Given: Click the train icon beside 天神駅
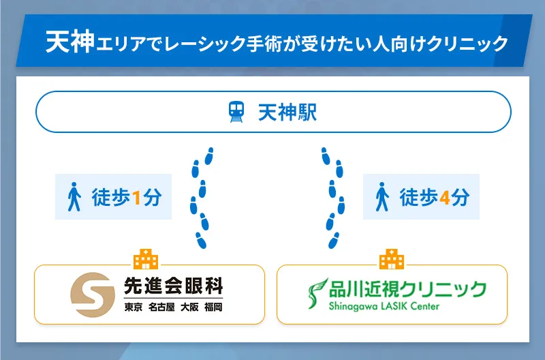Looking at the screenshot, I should tap(236, 112).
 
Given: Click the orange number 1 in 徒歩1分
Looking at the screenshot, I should tap(136, 198).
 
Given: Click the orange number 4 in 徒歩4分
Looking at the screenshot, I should tap(445, 198).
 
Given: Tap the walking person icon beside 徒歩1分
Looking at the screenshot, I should tap(75, 198).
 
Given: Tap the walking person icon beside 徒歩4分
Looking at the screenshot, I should tap(383, 198).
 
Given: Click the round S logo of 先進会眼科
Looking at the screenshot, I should tap(93, 295).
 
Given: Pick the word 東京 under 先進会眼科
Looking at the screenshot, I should tap(133, 307).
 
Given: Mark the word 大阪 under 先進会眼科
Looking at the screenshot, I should tap(188, 307).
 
